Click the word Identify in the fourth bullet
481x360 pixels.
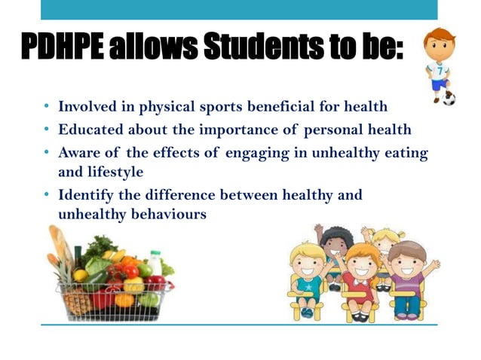coord(85,195)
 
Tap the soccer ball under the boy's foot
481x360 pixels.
coord(449,98)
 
